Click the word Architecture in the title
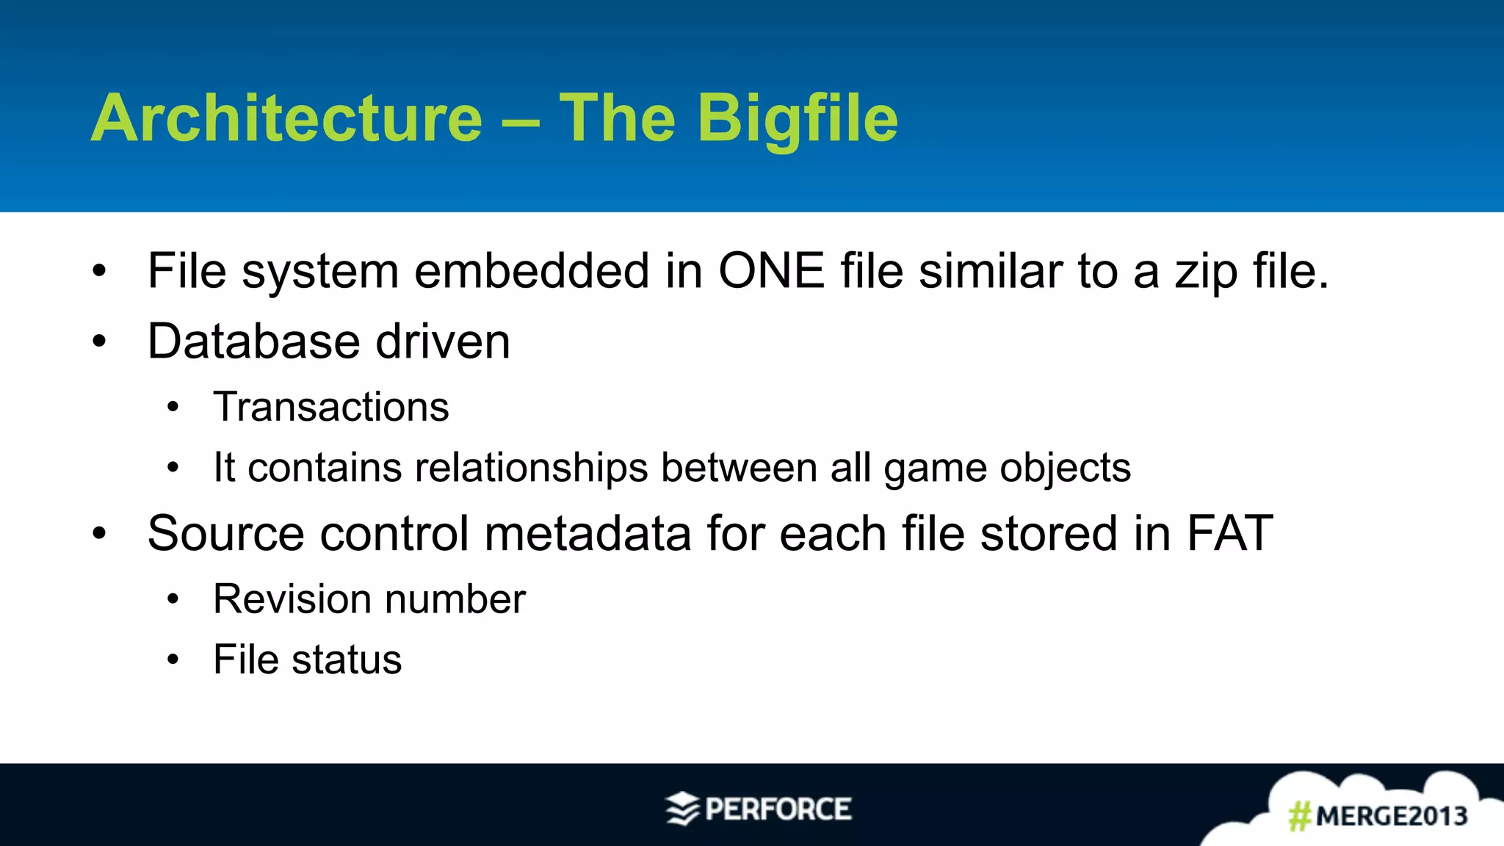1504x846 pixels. point(286,119)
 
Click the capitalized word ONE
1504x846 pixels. point(771,271)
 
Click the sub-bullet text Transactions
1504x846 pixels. point(331,407)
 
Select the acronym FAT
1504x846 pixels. point(1229,533)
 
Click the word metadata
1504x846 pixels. point(587,533)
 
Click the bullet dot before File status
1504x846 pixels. point(173,659)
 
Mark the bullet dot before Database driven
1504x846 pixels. point(99,341)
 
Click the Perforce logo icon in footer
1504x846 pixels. point(682,809)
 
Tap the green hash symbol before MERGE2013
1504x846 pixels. point(1300,816)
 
